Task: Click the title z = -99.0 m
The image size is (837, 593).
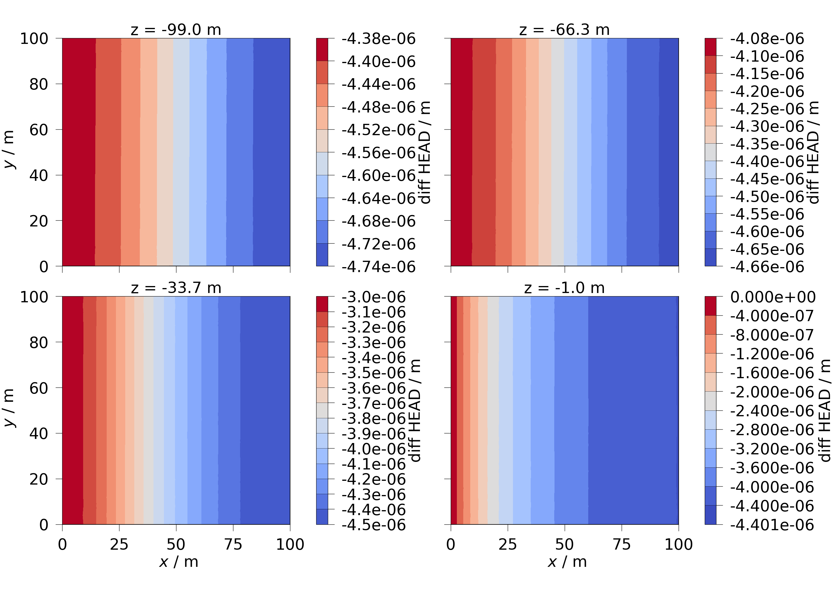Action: (176, 30)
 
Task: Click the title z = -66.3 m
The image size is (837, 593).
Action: (564, 30)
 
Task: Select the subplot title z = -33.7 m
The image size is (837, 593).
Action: (176, 288)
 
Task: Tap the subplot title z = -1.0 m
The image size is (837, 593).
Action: (564, 288)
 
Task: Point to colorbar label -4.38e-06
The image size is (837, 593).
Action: (378, 39)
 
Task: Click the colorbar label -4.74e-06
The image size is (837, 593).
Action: (378, 267)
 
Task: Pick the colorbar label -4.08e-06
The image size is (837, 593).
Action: (767, 39)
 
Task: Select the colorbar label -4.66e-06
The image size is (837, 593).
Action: (767, 267)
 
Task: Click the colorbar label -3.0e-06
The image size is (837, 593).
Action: (373, 297)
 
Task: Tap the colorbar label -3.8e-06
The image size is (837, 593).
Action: (373, 419)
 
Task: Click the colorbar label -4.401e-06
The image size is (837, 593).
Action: (772, 525)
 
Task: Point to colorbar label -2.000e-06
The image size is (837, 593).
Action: (772, 392)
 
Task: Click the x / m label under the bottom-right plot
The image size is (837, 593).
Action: (567, 562)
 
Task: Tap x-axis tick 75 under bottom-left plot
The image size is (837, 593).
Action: (233, 544)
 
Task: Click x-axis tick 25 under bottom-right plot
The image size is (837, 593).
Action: (507, 544)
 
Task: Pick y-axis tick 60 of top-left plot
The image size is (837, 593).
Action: (39, 130)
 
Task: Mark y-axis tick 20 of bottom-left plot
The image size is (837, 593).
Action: (39, 479)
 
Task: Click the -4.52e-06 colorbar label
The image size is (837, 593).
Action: (378, 130)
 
